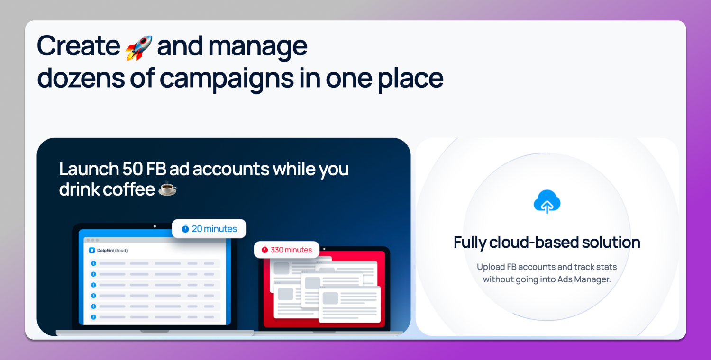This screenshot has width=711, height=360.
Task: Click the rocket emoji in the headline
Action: tap(139, 47)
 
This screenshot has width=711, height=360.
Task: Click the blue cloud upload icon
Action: tap(547, 202)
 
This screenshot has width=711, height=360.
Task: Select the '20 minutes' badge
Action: tap(209, 229)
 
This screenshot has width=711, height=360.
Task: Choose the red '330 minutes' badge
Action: tap(286, 250)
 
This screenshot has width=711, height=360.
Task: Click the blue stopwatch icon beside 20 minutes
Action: tap(185, 229)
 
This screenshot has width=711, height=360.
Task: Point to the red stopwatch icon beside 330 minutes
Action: tap(264, 250)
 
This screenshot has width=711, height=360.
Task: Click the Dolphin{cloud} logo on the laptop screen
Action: tap(108, 250)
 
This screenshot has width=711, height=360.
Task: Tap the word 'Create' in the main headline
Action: tap(78, 46)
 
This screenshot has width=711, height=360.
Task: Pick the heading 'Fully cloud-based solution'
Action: tap(547, 243)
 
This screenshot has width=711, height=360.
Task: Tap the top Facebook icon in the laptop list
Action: tap(93, 263)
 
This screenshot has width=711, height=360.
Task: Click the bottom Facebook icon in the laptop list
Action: tap(93, 317)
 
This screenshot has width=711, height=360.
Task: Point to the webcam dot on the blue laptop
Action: tap(155, 226)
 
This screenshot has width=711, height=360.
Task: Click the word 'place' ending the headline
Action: tap(410, 79)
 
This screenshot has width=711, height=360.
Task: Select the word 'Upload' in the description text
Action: tap(491, 267)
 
